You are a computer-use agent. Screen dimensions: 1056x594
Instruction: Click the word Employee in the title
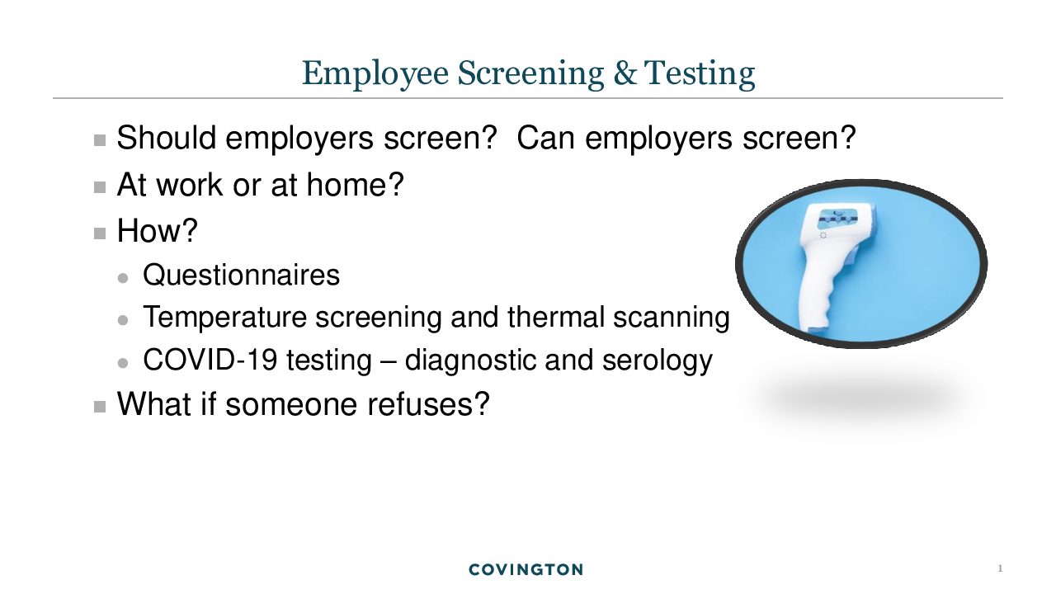click(x=375, y=73)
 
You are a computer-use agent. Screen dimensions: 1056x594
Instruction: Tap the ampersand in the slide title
click(x=625, y=73)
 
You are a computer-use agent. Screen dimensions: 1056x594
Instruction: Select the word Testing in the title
click(x=700, y=73)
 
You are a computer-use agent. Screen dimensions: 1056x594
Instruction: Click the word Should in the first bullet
click(x=167, y=138)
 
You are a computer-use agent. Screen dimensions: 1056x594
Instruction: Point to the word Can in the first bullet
click(x=545, y=138)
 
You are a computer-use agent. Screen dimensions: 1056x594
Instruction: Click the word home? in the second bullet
click(x=356, y=184)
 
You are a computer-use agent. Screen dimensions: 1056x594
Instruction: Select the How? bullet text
click(x=158, y=230)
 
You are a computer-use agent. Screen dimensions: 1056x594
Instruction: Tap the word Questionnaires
click(x=241, y=275)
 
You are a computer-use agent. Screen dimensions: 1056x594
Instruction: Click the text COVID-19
click(x=210, y=360)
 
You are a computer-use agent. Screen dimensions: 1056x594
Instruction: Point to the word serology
click(x=658, y=361)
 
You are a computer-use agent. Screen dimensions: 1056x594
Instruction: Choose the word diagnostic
click(x=469, y=361)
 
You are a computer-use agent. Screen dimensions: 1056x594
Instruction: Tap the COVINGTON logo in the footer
click(x=526, y=569)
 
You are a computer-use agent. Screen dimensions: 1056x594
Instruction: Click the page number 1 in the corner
click(x=1000, y=568)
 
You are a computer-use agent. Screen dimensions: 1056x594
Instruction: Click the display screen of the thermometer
click(x=837, y=219)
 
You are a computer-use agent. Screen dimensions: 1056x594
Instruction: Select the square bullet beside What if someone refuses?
click(x=100, y=407)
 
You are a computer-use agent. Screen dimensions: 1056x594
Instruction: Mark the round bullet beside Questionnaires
click(x=123, y=278)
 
